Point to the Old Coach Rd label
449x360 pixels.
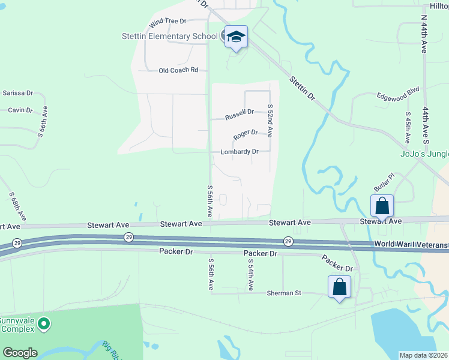(x=178, y=70)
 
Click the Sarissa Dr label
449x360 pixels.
(x=17, y=94)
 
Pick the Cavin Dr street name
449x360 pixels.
(x=20, y=110)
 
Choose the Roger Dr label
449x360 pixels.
(x=246, y=133)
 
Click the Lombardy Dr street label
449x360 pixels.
(x=240, y=152)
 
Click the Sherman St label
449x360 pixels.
(x=284, y=293)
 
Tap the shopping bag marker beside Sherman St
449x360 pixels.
(x=339, y=287)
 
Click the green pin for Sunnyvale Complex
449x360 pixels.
(x=43, y=325)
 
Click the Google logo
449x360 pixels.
(x=20, y=353)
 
